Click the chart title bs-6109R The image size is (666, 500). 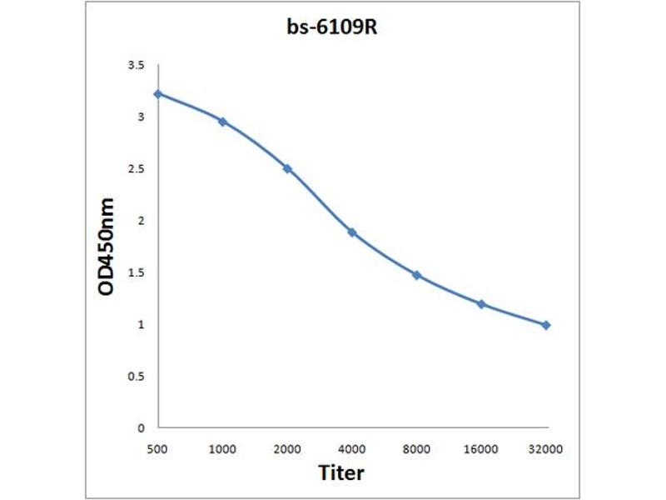coord(333,27)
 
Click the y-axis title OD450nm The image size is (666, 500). coord(107,247)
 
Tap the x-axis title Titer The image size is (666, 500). coord(341,472)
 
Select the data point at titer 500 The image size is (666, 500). coord(158,93)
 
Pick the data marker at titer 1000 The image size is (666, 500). coord(222,122)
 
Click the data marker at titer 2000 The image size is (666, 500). coord(287,168)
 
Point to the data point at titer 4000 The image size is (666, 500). coord(352,232)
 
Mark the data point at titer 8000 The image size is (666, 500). coord(416,275)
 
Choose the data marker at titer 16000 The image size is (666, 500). coord(481,304)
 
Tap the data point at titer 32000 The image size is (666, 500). coord(546,325)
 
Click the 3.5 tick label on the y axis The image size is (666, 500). coord(135,65)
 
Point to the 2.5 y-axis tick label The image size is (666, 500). coord(135,169)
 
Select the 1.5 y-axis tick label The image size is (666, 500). coord(135,272)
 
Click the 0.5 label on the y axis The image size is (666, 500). coord(135,376)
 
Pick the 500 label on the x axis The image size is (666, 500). coord(158,449)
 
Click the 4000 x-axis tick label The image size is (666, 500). coord(351,449)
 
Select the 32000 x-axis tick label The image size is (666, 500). coord(546,449)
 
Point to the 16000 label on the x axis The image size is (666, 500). coord(481,449)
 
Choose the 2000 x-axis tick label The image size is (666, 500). coord(287,449)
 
